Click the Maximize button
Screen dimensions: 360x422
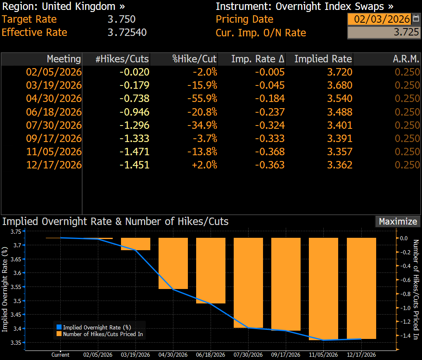pos(398,221)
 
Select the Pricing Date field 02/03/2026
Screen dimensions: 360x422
pos(379,19)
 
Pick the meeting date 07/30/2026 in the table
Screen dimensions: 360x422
pos(54,125)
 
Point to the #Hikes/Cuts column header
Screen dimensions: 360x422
pos(122,59)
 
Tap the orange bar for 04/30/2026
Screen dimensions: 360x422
pos(173,263)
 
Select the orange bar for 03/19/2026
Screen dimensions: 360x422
pos(135,244)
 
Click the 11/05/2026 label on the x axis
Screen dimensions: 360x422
pos(323,355)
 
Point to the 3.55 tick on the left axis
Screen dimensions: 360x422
pos(16,287)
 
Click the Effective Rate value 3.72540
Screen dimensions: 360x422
pos(127,32)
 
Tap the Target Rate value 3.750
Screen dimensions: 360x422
pos(121,19)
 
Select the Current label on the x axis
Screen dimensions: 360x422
pos(60,355)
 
